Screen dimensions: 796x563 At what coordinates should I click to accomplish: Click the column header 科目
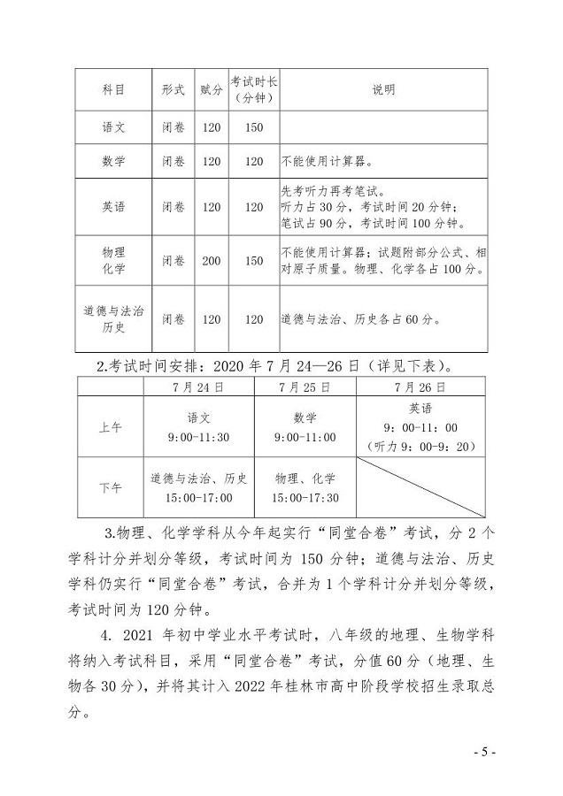[113, 90]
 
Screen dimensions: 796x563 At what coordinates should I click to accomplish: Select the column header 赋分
[211, 90]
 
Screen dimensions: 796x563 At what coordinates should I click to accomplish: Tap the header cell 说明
[383, 90]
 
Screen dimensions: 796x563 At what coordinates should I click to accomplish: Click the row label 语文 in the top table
[113, 127]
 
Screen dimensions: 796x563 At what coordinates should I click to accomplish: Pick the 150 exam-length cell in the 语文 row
[254, 127]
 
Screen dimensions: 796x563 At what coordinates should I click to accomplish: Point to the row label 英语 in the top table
[113, 207]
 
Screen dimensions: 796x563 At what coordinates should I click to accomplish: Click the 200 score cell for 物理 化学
[211, 261]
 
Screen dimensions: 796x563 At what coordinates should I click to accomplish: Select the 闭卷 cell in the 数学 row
[174, 162]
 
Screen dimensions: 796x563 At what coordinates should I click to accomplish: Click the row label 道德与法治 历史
[113, 319]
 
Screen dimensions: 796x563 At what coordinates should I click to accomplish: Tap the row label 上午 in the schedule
[111, 426]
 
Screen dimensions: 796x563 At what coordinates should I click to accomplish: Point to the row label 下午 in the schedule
[111, 486]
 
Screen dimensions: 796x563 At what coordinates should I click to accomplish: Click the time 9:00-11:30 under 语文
[199, 437]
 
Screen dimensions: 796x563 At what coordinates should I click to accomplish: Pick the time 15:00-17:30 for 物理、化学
[305, 498]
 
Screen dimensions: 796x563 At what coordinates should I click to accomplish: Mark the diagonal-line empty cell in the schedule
[420, 486]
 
